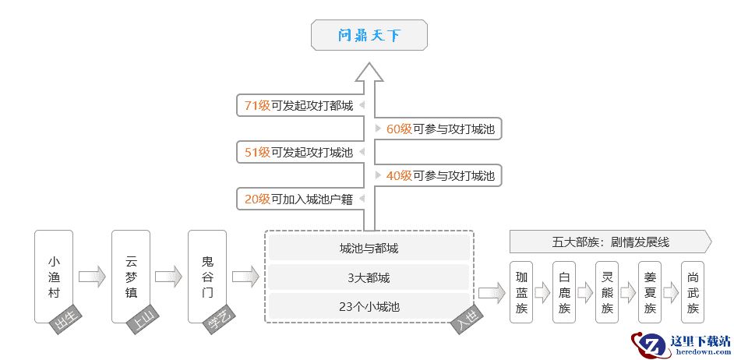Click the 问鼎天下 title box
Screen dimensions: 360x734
pyautogui.click(x=369, y=36)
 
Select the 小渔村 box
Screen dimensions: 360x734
pyautogui.click(x=54, y=276)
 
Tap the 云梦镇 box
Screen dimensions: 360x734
pyautogui.click(x=130, y=276)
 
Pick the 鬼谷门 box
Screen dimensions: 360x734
pyautogui.click(x=206, y=276)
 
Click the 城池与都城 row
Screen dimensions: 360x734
pyautogui.click(x=369, y=249)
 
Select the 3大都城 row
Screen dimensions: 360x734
pyautogui.click(x=369, y=277)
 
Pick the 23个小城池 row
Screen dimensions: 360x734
pyautogui.click(x=369, y=305)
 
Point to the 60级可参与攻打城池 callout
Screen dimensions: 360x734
pyautogui.click(x=440, y=129)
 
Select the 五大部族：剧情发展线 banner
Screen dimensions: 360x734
pyautogui.click(x=609, y=242)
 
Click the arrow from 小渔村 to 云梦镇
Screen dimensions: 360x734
pyautogui.click(x=92, y=276)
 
